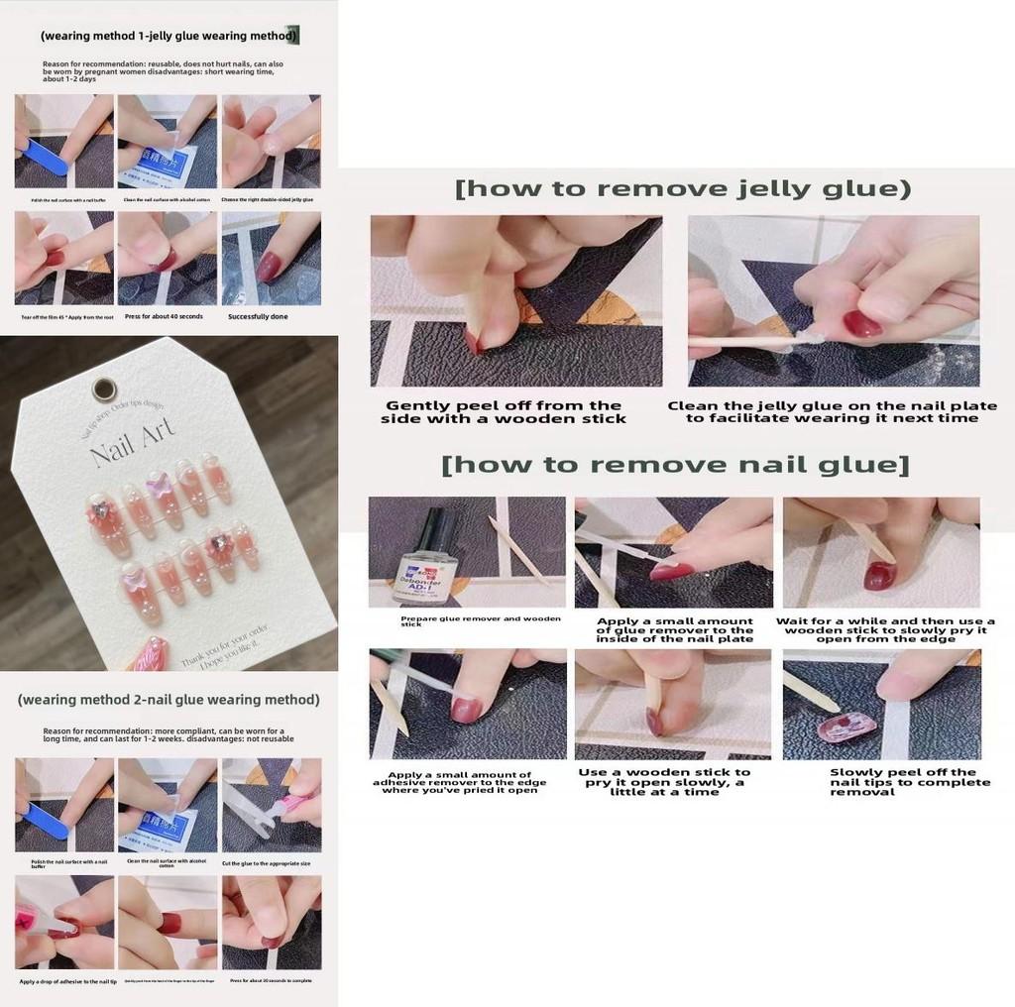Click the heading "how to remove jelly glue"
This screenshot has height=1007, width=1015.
(x=683, y=189)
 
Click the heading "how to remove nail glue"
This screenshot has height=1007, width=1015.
(x=675, y=464)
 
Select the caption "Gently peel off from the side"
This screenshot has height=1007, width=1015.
(x=503, y=412)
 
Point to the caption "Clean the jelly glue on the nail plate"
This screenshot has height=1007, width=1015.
(x=832, y=412)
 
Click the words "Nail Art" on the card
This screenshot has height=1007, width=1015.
(x=132, y=440)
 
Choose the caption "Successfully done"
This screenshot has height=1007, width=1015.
(x=257, y=316)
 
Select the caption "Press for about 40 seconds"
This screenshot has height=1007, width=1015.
(x=164, y=316)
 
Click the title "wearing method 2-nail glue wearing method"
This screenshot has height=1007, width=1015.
(x=169, y=700)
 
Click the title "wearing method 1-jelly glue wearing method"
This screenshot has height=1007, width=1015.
(x=169, y=36)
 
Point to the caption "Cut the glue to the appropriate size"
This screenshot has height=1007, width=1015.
(x=270, y=863)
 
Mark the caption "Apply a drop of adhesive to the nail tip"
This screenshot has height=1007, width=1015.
(x=65, y=981)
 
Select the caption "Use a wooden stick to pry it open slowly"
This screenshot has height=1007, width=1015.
(x=664, y=782)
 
